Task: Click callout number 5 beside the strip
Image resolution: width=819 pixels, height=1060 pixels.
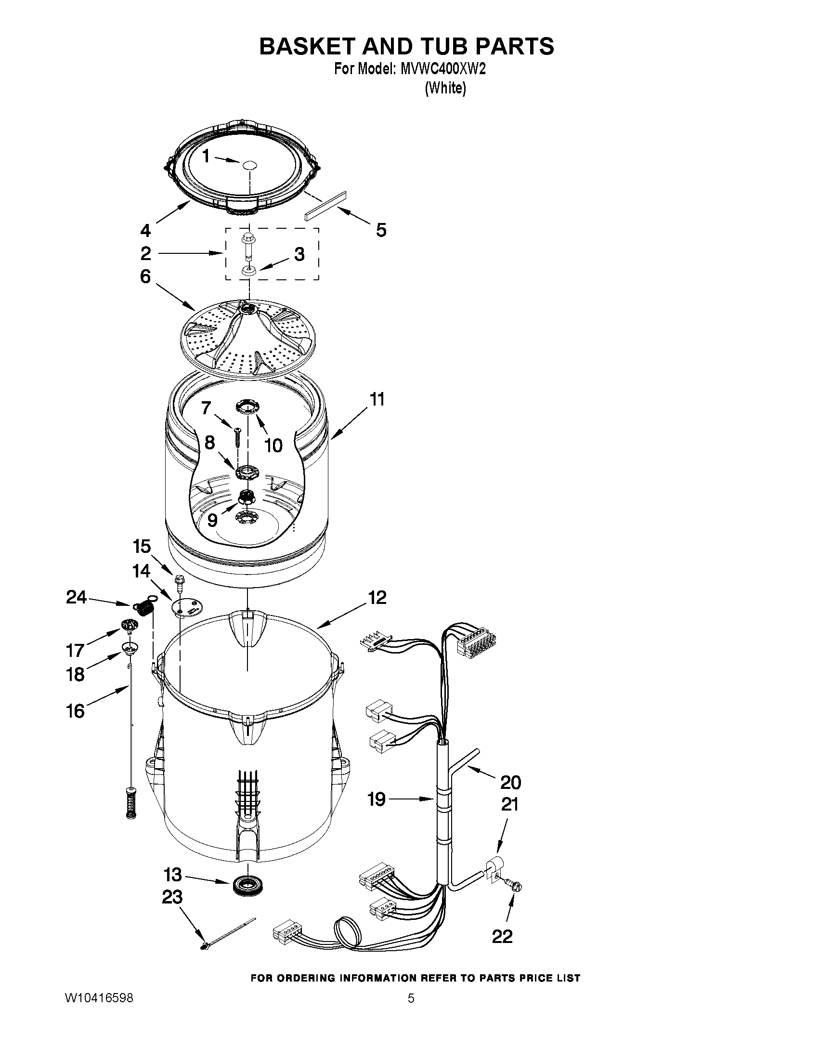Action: [x=381, y=230]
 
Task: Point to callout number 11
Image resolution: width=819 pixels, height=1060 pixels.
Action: [x=377, y=399]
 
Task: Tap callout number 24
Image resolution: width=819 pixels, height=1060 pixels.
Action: [x=77, y=598]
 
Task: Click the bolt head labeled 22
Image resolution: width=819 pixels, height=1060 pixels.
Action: [x=516, y=887]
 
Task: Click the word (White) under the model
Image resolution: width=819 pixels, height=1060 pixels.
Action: [x=445, y=89]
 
